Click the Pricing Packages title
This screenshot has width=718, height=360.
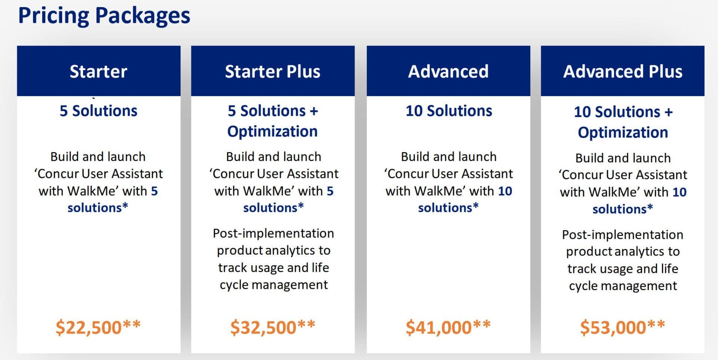(104, 16)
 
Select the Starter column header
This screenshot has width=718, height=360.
(98, 71)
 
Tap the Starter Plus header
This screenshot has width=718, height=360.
(273, 71)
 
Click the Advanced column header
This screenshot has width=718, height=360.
(448, 71)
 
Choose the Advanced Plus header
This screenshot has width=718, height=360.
(623, 71)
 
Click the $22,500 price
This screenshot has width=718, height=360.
(98, 327)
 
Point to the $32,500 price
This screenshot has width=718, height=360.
(273, 327)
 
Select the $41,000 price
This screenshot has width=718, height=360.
(448, 327)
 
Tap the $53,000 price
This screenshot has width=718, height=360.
(623, 327)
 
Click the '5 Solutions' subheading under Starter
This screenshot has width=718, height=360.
(98, 111)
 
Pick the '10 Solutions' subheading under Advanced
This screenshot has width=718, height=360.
(449, 111)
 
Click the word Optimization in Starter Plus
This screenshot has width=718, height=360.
(273, 132)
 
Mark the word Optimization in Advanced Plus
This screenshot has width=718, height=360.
(623, 133)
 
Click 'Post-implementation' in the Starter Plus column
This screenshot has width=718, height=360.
(273, 233)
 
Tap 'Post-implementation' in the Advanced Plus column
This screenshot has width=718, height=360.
(623, 234)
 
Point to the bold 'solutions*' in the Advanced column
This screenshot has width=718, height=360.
(448, 207)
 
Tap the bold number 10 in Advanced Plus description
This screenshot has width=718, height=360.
(679, 192)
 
